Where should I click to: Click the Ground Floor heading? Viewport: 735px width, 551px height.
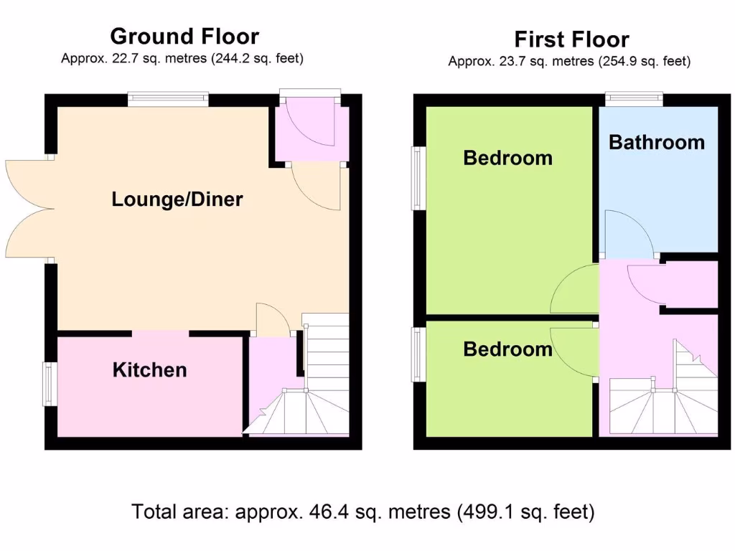click(184, 36)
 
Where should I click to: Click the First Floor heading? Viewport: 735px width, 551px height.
click(571, 39)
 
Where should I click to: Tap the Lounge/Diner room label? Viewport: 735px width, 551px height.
click(177, 199)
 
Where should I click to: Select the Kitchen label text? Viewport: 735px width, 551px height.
click(149, 370)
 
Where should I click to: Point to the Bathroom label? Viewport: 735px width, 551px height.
click(656, 142)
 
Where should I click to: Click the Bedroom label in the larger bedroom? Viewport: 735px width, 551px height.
click(507, 158)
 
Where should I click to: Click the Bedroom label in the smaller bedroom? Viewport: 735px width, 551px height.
click(507, 349)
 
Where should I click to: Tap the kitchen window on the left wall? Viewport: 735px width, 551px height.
click(49, 384)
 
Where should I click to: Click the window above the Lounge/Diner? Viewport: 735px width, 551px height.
click(168, 99)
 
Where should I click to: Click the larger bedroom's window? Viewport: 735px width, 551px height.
click(418, 179)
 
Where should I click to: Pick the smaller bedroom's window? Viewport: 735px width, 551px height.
click(418, 354)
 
